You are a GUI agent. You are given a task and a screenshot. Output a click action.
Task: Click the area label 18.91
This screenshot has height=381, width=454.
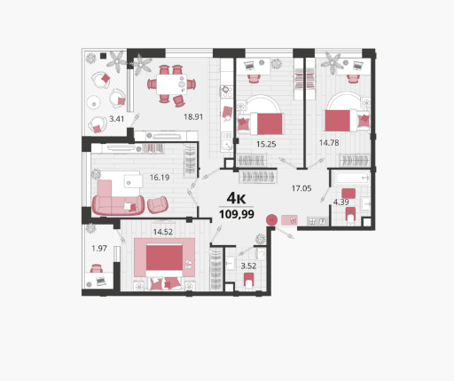193,116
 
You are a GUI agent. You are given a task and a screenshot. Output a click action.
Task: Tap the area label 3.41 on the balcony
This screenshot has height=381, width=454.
117,119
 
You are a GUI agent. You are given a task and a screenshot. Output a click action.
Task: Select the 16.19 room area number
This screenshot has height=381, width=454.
160,178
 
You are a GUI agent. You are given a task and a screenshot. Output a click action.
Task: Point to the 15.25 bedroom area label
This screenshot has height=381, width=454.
266,144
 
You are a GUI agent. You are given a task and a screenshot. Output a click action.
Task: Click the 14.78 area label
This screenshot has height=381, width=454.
329,143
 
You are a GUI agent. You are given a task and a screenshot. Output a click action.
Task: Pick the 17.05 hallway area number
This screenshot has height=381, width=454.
301,188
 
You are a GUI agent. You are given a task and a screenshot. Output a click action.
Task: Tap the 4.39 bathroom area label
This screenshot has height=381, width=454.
341,202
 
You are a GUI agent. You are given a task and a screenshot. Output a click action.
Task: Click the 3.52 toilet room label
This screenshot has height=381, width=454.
248,266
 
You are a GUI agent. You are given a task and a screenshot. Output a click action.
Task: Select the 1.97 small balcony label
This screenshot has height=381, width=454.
99,249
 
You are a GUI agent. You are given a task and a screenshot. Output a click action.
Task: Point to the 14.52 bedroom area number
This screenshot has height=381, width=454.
163,232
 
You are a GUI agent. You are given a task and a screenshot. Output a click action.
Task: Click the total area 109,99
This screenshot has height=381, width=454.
237,214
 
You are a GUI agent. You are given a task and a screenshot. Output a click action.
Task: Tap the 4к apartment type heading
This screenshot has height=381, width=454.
236,198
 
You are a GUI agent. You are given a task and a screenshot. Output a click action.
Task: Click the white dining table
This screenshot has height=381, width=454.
171,84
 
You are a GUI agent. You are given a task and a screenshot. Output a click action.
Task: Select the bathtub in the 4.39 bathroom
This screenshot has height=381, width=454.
351,179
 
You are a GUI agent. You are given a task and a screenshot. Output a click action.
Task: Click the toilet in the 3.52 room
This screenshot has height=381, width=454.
249,281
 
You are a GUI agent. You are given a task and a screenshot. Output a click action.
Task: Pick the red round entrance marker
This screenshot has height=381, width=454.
271,220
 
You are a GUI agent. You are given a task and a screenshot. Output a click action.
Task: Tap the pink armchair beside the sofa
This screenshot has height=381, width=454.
158,204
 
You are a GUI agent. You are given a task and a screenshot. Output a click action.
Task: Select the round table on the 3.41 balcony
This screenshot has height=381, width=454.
94,103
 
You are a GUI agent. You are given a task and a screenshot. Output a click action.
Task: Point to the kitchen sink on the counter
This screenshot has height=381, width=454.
227,144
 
